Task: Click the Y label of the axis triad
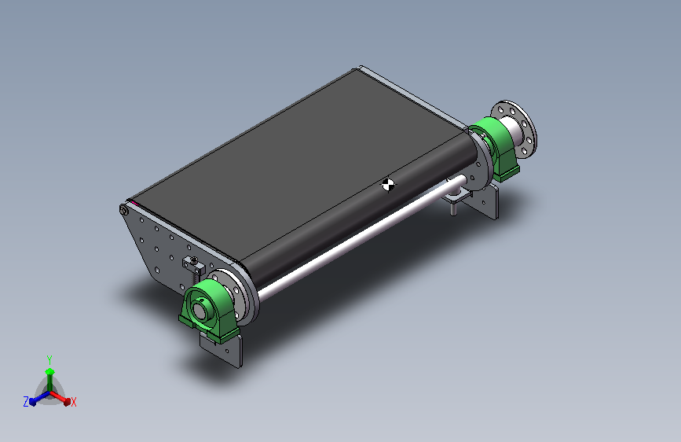point(49,360)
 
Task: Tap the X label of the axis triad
point(74,402)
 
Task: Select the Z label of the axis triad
point(26,402)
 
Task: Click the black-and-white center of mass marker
point(388,185)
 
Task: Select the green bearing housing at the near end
point(210,309)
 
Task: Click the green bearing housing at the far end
point(497,147)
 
